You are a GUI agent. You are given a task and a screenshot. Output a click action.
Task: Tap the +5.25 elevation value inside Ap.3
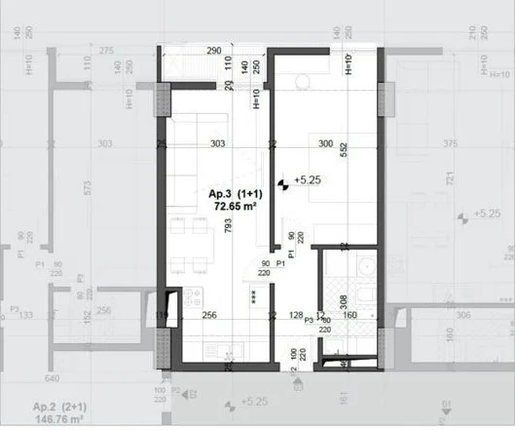[308, 180]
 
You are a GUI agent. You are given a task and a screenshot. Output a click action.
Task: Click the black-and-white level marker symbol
[283, 181]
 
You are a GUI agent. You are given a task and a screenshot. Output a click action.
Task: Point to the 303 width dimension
[217, 144]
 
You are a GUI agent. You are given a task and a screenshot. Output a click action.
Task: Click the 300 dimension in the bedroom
[325, 144]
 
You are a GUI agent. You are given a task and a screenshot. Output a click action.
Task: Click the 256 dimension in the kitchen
[208, 314]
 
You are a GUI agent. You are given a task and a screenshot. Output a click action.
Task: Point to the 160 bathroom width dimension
[350, 314]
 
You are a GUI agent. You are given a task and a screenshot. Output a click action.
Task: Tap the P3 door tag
[309, 320]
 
